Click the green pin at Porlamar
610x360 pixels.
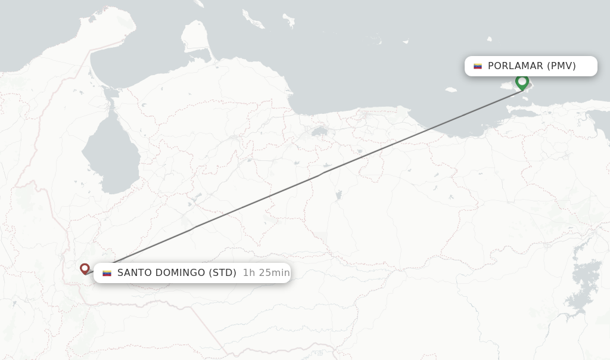pyautogui.click(x=522, y=82)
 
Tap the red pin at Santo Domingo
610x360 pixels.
pyautogui.click(x=85, y=269)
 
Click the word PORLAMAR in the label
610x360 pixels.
pyautogui.click(x=515, y=66)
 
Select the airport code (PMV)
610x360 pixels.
pyautogui.click(x=561, y=66)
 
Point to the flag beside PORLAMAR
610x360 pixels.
pyautogui.click(x=478, y=66)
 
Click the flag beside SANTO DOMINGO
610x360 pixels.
pyautogui.click(x=107, y=273)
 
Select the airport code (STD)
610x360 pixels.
pyautogui.click(x=223, y=273)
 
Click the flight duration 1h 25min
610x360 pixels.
pyautogui.click(x=266, y=273)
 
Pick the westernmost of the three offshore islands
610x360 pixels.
pyautogui.click(x=253, y=18)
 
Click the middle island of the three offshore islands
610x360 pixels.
pyautogui.click(x=289, y=22)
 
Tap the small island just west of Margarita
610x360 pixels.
pyautogui.click(x=450, y=90)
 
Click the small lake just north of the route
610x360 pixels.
pyautogui.click(x=319, y=131)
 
